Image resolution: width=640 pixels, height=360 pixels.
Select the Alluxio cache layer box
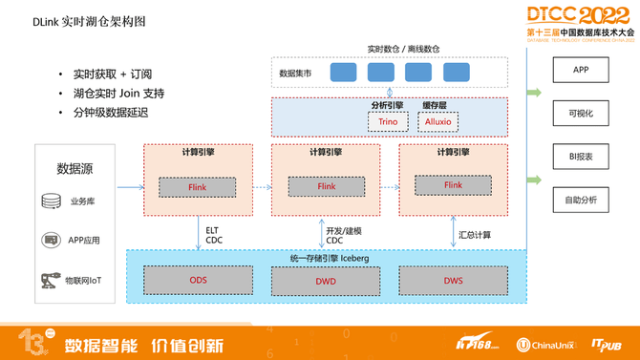[437, 121]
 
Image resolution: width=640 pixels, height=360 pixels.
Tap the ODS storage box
[198, 281]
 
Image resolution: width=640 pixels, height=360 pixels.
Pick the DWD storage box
[326, 281]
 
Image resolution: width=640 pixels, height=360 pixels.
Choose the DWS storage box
[453, 281]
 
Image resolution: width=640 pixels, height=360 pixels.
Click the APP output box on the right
[581, 70]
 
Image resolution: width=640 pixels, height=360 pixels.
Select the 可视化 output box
[581, 114]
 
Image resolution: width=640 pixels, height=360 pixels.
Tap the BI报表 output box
[581, 157]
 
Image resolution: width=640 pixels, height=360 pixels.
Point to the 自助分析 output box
[581, 200]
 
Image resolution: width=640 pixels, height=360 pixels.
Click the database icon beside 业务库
[51, 201]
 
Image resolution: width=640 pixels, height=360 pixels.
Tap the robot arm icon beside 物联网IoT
[50, 281]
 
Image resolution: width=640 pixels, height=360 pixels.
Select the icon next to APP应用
[51, 241]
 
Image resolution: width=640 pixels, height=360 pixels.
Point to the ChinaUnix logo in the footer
[547, 345]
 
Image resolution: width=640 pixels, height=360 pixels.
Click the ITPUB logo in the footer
[607, 345]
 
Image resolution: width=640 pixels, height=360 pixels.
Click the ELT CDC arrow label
[212, 235]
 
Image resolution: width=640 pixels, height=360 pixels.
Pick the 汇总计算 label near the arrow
[475, 235]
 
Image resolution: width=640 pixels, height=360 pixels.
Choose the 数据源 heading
[75, 169]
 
